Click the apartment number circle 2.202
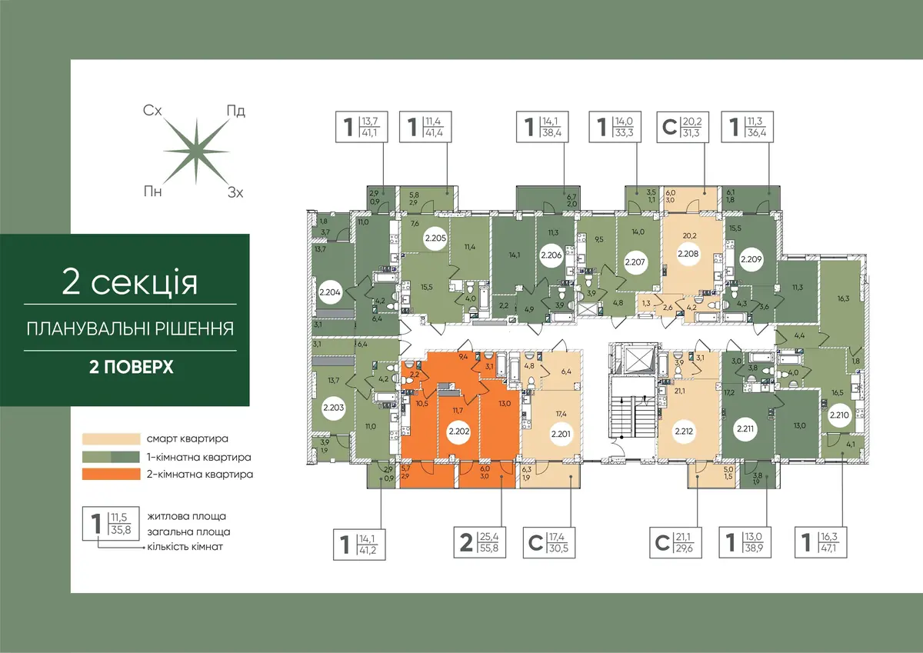[459, 431]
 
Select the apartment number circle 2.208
[688, 254]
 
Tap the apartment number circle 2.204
[330, 292]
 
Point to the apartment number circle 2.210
[839, 415]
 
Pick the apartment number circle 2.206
[551, 255]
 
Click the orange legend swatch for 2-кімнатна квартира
[112, 474]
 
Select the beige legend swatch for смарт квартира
[112, 438]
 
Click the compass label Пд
[235, 111]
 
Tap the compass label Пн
[152, 192]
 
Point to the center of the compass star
[196, 152]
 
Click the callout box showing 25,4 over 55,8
[480, 542]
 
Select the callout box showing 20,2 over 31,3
[682, 127]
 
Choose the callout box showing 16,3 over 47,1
[821, 542]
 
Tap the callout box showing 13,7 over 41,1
[362, 127]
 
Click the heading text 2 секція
[130, 282]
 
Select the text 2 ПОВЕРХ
[131, 367]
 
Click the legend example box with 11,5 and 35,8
[111, 523]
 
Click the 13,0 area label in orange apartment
[505, 403]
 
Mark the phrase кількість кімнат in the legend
[185, 547]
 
